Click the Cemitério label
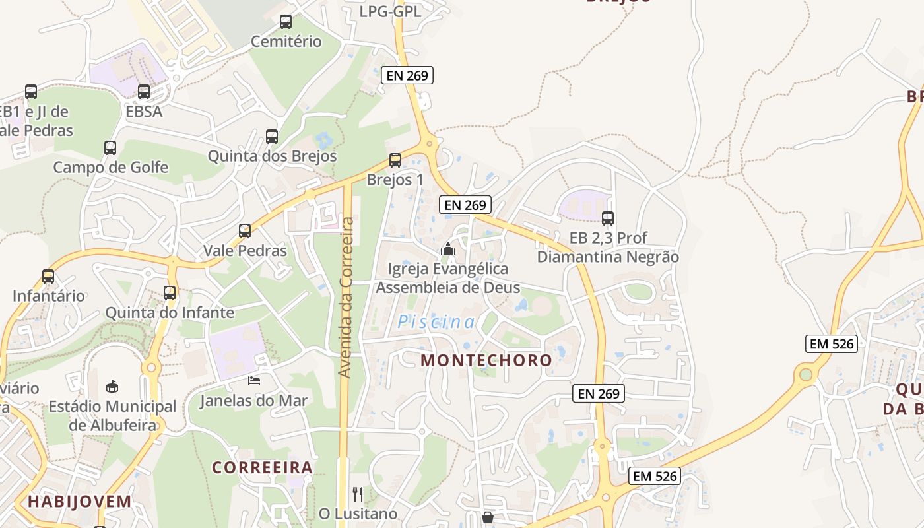pyautogui.click(x=286, y=42)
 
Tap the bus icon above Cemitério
pyautogui.click(x=286, y=22)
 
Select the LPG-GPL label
pyautogui.click(x=391, y=11)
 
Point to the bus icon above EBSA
pyautogui.click(x=144, y=92)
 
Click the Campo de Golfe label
pyautogui.click(x=111, y=167)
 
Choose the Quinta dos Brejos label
pyautogui.click(x=272, y=156)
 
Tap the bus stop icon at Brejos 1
pyautogui.click(x=395, y=160)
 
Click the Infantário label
pyautogui.click(x=49, y=295)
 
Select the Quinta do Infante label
pyautogui.click(x=170, y=312)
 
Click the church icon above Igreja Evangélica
pyautogui.click(x=448, y=249)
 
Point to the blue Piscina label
pyautogui.click(x=436, y=322)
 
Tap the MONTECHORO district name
pyautogui.click(x=486, y=360)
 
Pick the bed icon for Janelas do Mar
pyautogui.click(x=254, y=381)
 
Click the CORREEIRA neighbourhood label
pyautogui.click(x=262, y=467)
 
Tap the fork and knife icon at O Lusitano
pyautogui.click(x=358, y=494)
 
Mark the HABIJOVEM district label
pyautogui.click(x=80, y=502)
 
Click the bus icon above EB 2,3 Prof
pyautogui.click(x=608, y=218)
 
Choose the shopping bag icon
pyautogui.click(x=488, y=517)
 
